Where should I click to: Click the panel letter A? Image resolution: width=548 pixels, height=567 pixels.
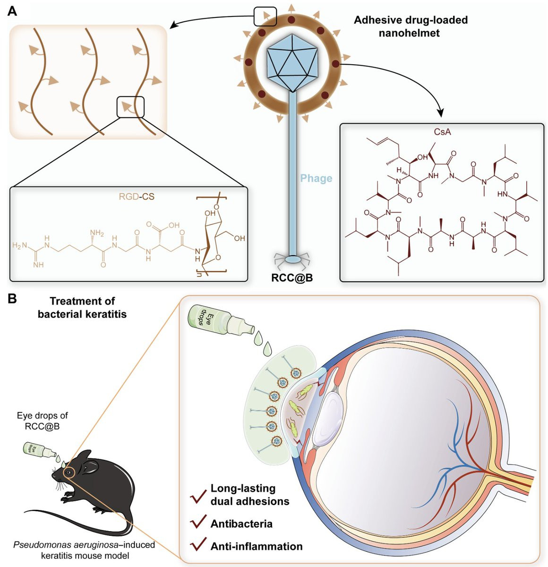pos(12,11)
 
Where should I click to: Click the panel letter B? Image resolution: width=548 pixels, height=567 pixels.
pos(12,299)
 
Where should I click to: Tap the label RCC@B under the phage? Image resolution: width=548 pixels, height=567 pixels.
pos(292,278)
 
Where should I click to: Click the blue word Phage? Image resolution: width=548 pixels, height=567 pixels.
pos(316,179)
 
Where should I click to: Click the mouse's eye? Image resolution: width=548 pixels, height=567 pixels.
pos(69,472)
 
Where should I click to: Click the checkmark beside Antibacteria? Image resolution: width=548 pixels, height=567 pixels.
pos(197,523)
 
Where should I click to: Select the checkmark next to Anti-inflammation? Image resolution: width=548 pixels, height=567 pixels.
pos(197,546)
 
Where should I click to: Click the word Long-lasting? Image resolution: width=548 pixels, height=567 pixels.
pos(243,488)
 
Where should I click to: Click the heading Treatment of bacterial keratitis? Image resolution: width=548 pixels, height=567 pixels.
pos(82,307)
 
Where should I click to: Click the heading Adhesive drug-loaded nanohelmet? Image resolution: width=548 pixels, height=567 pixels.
pos(411,26)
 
